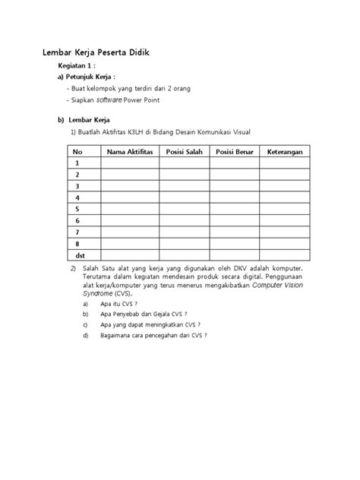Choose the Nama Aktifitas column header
pyautogui.click(x=129, y=153)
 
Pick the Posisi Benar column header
pyautogui.click(x=235, y=153)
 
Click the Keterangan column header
pyautogui.click(x=286, y=153)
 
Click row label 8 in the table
pyautogui.click(x=76, y=243)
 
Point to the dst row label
pyautogui.click(x=77, y=255)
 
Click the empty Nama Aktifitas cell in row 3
pyautogui.click(x=129, y=186)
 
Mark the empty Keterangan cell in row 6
pyautogui.click(x=286, y=220)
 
